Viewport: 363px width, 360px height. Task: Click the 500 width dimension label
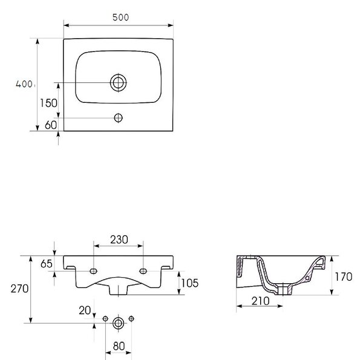120,18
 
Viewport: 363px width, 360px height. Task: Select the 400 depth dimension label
24,84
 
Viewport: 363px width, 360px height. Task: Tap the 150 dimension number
48,103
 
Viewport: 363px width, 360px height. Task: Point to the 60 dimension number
51,125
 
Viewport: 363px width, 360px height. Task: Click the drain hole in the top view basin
119,83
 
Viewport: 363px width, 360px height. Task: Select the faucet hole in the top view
119,118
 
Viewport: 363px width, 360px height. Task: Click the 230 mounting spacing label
119,240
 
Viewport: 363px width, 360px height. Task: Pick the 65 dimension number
47,264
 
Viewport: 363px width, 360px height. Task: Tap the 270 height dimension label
19,289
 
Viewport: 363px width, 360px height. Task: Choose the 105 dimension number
189,283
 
